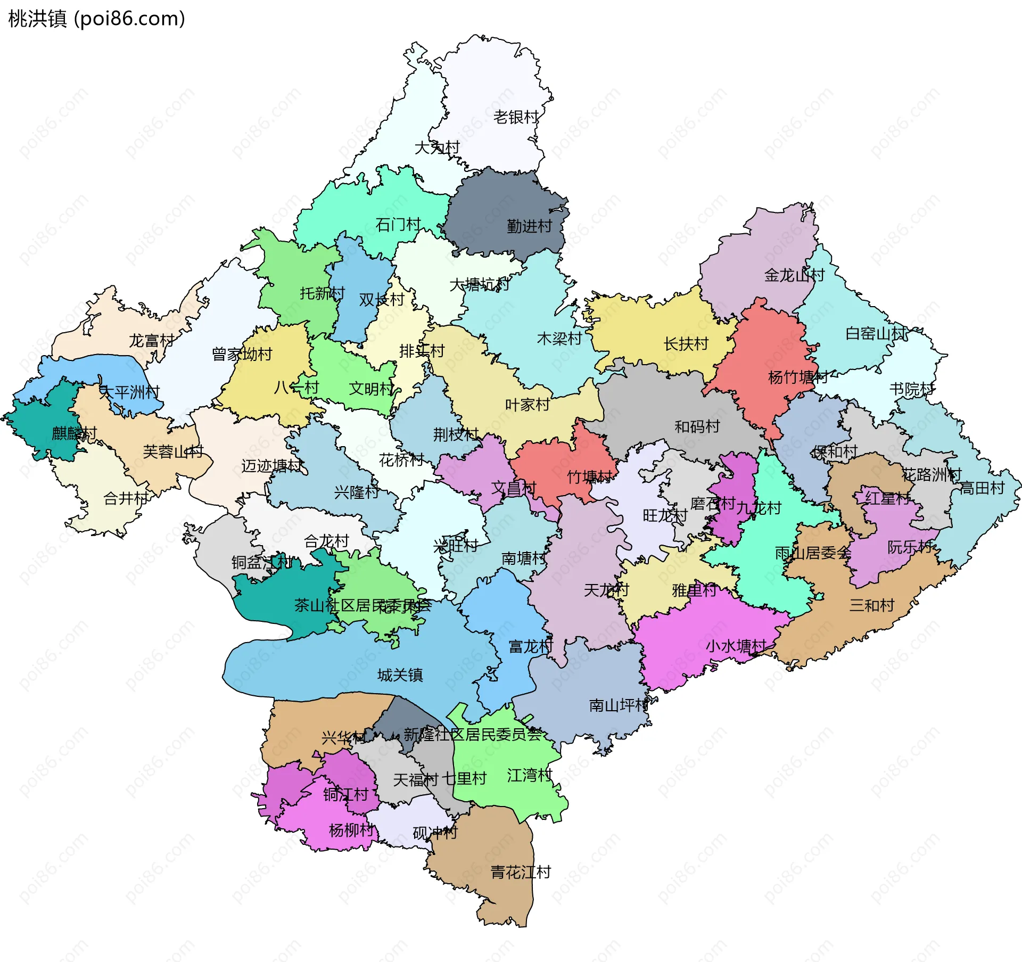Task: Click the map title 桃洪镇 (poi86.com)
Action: (x=96, y=19)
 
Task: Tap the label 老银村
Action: (x=516, y=117)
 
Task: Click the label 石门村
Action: (x=398, y=225)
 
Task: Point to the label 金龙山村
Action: (x=794, y=275)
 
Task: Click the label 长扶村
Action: (x=686, y=344)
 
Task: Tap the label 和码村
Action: (x=697, y=426)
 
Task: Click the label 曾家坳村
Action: (x=242, y=354)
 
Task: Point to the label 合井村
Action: (x=126, y=499)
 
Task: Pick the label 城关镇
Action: (x=400, y=675)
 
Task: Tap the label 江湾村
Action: (x=529, y=775)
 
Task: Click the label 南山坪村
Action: (x=618, y=705)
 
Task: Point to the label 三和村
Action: (x=871, y=605)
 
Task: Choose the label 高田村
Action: (x=982, y=488)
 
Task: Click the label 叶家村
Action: (x=527, y=405)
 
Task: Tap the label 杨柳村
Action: (x=351, y=830)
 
